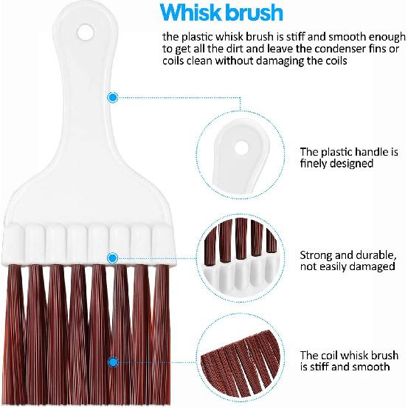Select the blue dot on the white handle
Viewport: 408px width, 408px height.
pyautogui.click(x=112, y=97)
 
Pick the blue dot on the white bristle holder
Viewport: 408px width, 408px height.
pyautogui.click(x=112, y=257)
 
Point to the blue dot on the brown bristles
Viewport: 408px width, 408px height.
pyautogui.click(x=112, y=362)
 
